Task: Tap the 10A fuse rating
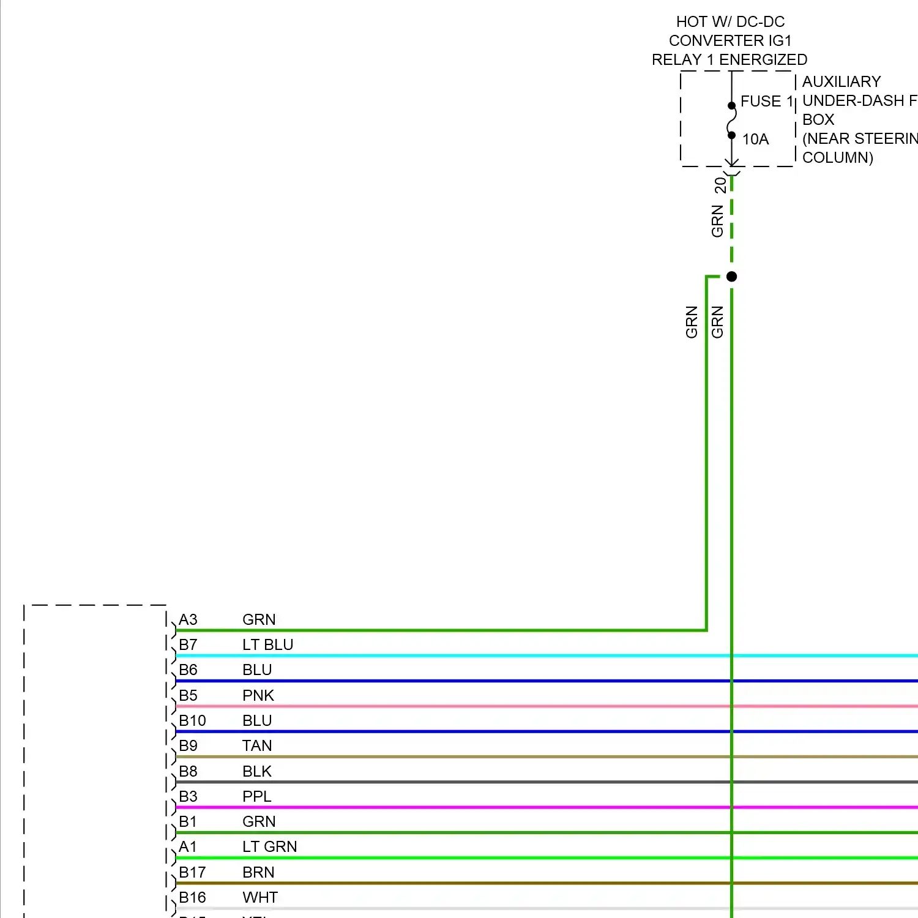[x=755, y=140]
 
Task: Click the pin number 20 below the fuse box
[x=720, y=185]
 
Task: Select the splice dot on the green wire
[x=731, y=277]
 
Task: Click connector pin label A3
[x=188, y=619]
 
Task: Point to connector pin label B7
[x=188, y=644]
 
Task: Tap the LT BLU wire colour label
[x=267, y=644]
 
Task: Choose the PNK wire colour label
[x=258, y=695]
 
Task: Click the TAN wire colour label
[x=256, y=745]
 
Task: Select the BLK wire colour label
[x=256, y=771]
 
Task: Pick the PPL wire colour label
[x=256, y=796]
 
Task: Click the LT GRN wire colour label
[x=269, y=846]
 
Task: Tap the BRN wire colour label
[x=258, y=872]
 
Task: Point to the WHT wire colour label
[x=259, y=897]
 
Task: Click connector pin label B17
[x=192, y=872]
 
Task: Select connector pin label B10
[x=192, y=720]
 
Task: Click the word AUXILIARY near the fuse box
[x=841, y=81]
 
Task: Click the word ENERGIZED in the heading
[x=763, y=59]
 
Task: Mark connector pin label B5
[x=188, y=695]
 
